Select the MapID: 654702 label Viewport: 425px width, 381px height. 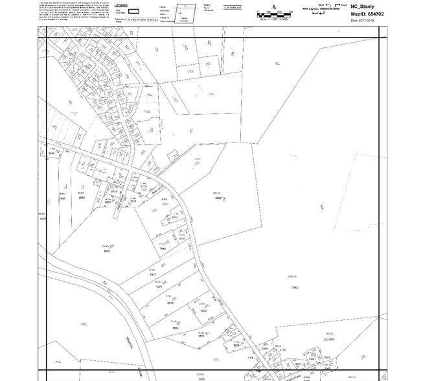[367, 13]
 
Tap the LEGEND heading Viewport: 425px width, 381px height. [121, 6]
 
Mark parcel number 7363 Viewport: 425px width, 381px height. [295, 287]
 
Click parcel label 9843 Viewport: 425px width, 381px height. [107, 251]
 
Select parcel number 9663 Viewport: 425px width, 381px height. [82, 198]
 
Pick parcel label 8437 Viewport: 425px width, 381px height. [153, 275]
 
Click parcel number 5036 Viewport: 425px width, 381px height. [170, 303]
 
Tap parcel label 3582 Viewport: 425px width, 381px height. [201, 336]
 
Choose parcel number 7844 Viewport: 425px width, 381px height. [163, 249]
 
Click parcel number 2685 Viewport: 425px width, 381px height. [62, 198]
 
